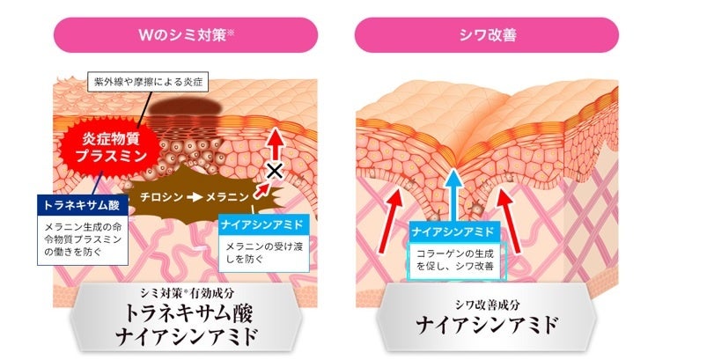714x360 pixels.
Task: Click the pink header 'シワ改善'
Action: [486, 34]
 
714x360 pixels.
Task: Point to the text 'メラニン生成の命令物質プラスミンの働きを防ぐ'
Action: [85, 239]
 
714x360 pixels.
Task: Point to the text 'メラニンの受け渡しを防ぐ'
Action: [255, 253]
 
